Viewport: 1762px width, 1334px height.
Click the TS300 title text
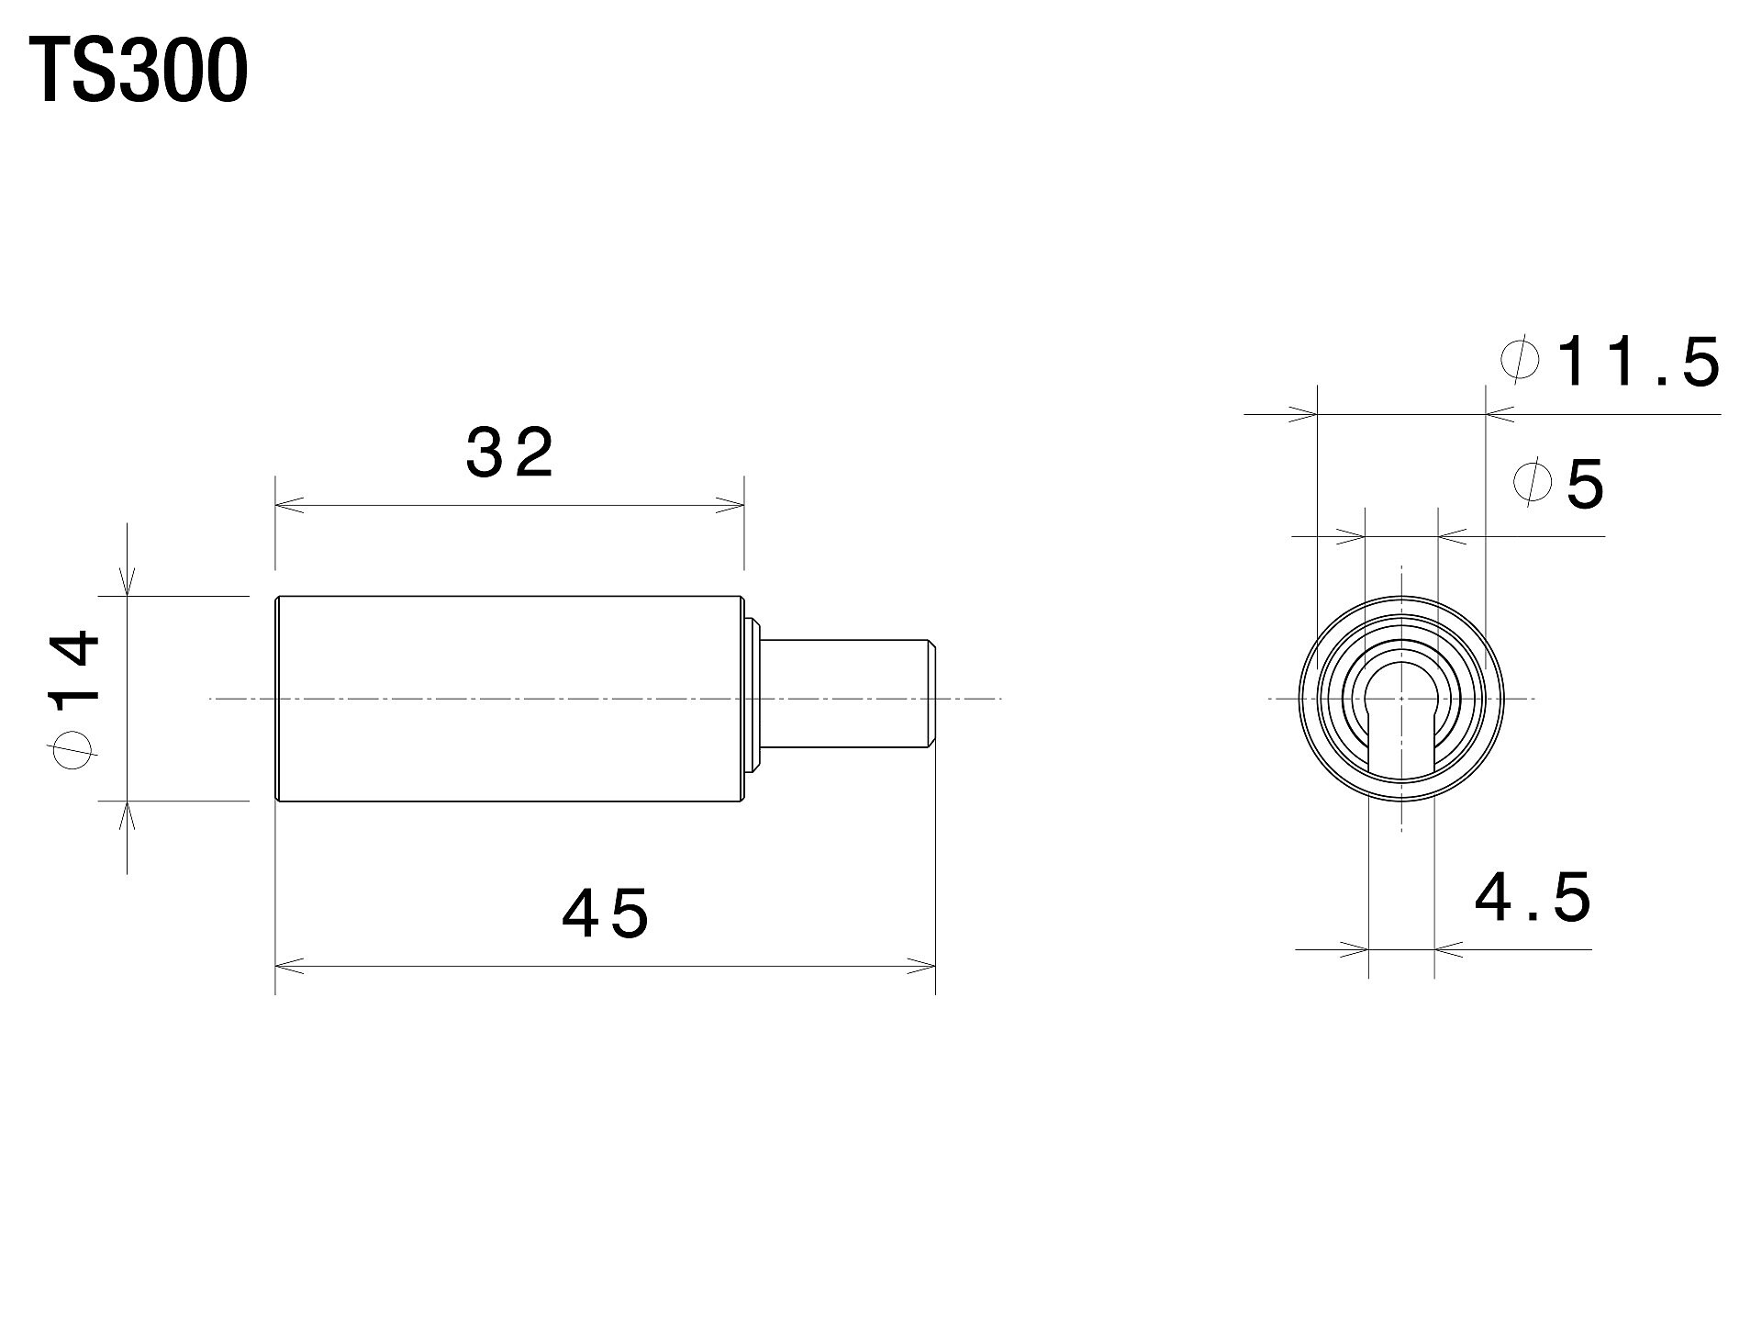tap(138, 73)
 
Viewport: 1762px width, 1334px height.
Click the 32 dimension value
tap(510, 454)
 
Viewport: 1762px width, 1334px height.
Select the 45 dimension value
tap(606, 914)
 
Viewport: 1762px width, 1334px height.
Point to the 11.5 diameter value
tap(1638, 362)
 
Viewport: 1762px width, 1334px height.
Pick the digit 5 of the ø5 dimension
tap(1585, 484)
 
